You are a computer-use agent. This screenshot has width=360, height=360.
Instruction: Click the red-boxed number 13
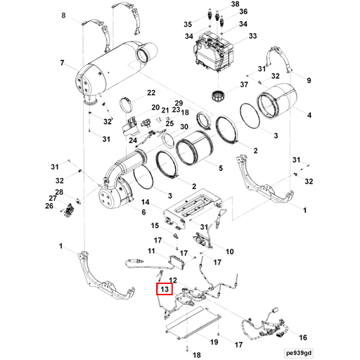coord(163,288)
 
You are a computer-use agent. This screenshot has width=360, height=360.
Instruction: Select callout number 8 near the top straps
coord(65,15)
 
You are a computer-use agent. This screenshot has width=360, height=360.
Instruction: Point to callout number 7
coord(63,64)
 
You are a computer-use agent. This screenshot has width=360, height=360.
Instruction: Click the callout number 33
coord(252,36)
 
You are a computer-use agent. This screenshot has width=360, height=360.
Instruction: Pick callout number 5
coord(221,168)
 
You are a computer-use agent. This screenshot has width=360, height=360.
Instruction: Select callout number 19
coord(214,342)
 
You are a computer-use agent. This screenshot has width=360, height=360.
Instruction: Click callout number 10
coord(229,251)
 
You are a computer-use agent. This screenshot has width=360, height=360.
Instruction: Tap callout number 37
coord(244,85)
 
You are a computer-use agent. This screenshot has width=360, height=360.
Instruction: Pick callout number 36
coord(243,12)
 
